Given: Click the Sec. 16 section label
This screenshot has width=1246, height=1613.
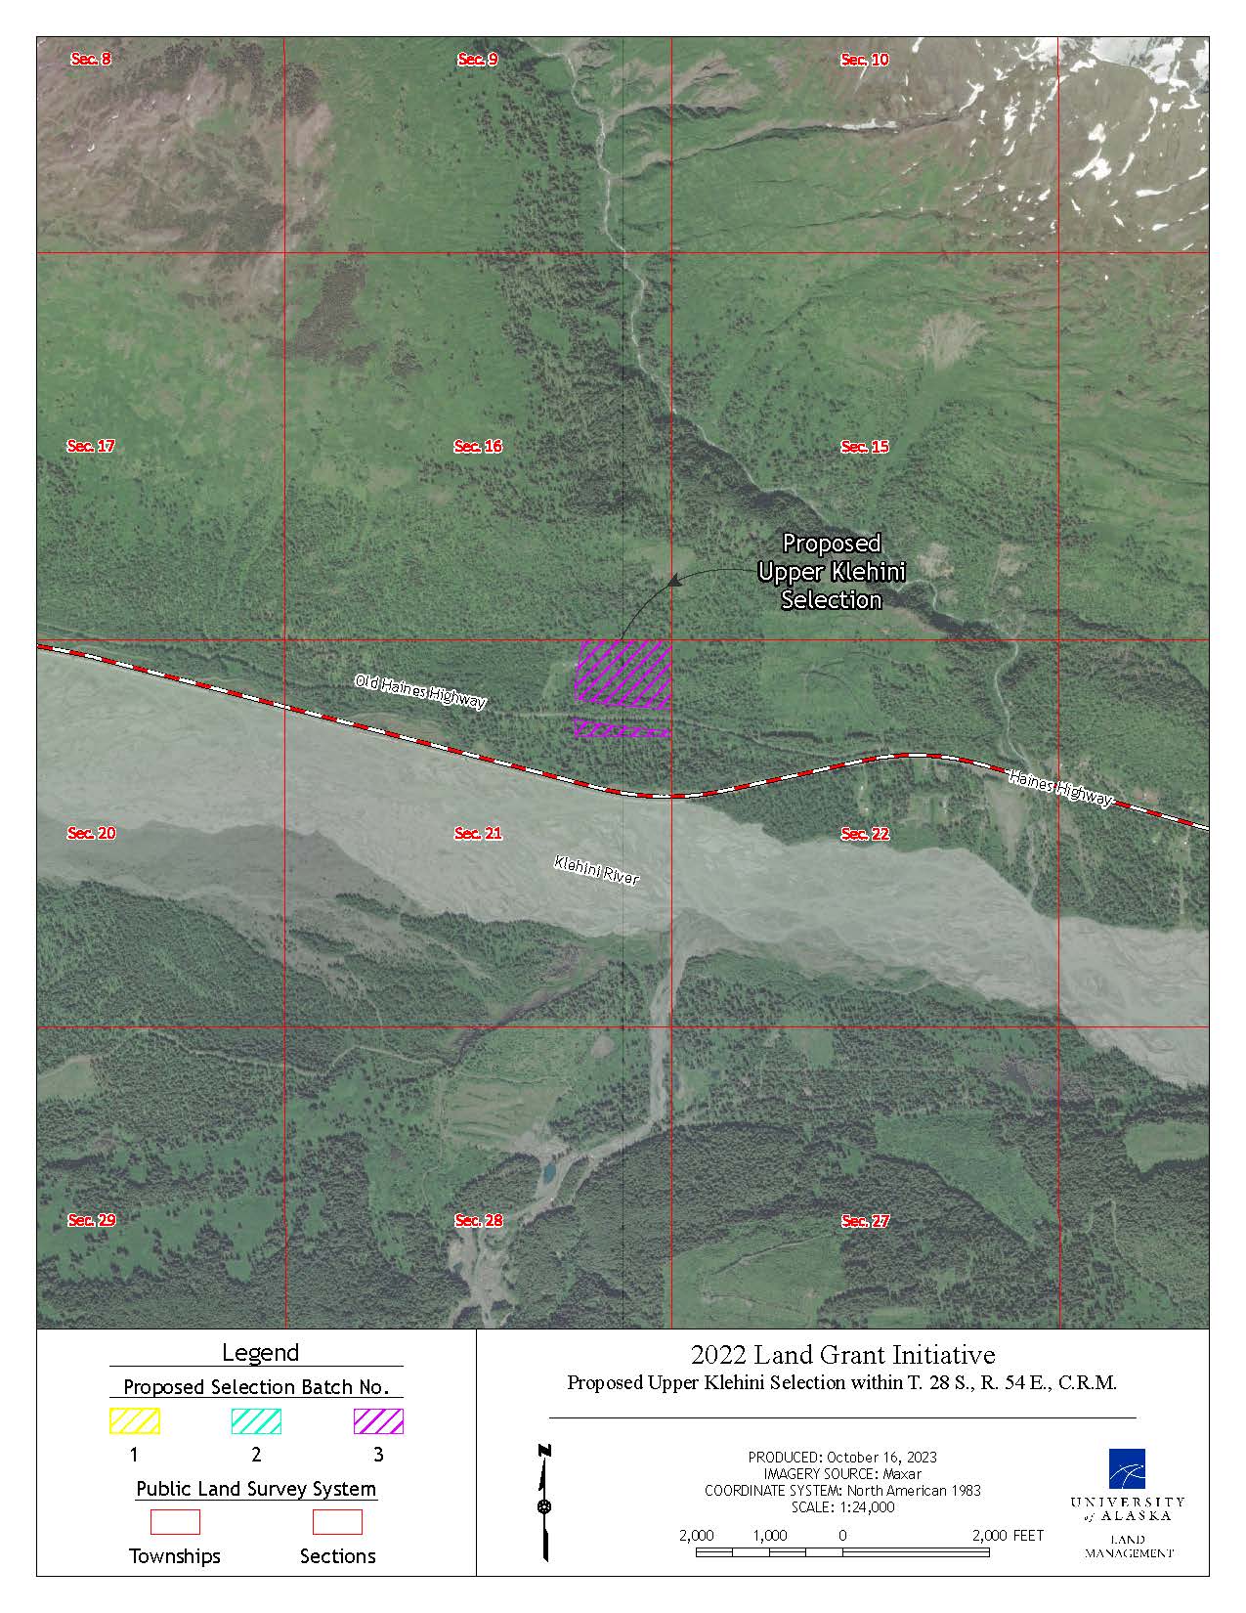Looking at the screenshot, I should point(478,446).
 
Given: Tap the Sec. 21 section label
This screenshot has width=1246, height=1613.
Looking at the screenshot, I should point(478,833).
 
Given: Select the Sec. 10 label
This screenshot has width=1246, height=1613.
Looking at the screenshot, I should point(865,60).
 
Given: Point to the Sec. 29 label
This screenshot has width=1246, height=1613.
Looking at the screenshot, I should point(92,1220).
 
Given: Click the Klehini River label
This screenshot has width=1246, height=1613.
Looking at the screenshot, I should point(596,870).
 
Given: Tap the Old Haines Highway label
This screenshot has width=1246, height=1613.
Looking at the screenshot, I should point(420,691).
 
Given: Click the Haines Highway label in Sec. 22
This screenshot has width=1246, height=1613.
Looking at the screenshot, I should point(1060,788).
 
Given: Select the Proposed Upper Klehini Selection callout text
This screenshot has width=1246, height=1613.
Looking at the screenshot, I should point(832,571).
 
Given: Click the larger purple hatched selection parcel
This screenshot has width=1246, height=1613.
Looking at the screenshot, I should point(623,672).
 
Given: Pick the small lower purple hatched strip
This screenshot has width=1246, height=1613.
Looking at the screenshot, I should point(622,728).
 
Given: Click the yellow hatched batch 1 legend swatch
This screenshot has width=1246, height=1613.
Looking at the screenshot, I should point(134,1420).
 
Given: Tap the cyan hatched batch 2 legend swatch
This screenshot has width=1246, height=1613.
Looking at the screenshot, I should point(256,1420).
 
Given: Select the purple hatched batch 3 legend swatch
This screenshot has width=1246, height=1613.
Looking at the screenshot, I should point(378,1420).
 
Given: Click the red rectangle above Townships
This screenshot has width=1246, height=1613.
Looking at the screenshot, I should point(175,1522).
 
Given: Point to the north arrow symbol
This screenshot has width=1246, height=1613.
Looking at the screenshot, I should point(544,1503).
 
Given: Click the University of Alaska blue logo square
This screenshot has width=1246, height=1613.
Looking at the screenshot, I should point(1127,1467).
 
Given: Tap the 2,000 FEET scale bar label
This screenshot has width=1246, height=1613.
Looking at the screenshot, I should point(1008,1536).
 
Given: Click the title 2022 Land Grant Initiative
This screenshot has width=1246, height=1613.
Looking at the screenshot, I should point(842,1355).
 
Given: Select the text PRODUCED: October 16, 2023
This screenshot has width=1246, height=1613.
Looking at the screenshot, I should point(842,1457).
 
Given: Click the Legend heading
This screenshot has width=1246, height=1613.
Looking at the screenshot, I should point(260,1353).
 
